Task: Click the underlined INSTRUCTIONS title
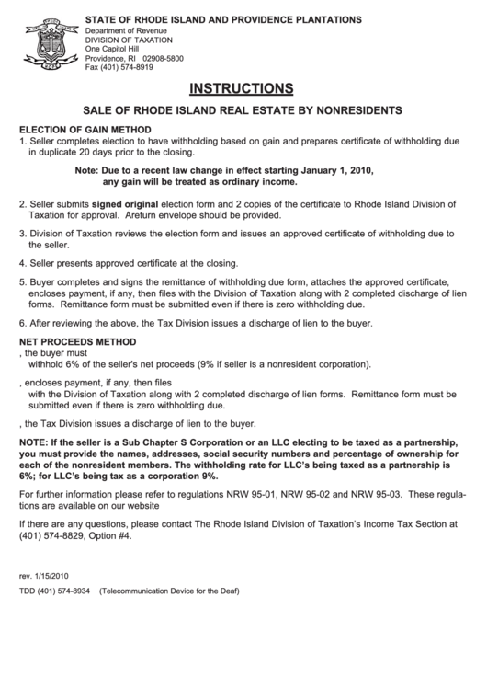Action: click(242, 89)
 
